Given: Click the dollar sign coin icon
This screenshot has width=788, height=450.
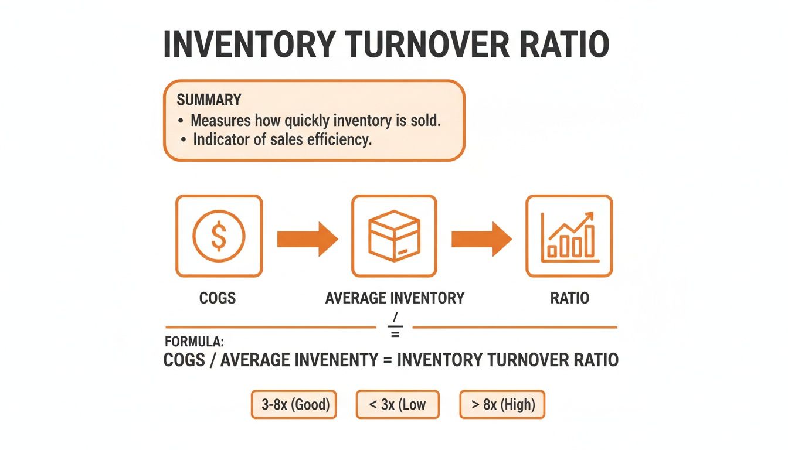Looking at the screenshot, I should tap(219, 236).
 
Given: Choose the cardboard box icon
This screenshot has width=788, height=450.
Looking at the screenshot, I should tap(394, 236).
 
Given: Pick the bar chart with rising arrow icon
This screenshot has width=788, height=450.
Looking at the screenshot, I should tap(569, 236).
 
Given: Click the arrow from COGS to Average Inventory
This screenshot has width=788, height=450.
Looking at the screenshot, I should tap(307, 238).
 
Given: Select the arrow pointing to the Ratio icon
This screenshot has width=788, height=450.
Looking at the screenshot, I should tap(481, 238).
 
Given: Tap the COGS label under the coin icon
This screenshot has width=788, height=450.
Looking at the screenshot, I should tap(218, 298).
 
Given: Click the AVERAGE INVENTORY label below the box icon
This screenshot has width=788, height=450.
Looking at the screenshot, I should tap(395, 298).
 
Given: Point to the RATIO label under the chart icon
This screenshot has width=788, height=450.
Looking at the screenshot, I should tap(569, 298).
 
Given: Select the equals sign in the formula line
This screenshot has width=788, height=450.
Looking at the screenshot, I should tap(387, 359).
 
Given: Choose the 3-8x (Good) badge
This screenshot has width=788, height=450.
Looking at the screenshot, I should tap(294, 405).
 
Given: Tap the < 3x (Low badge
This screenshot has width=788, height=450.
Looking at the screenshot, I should tap(398, 405).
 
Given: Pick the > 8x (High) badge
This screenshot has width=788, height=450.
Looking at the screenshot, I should tap(502, 405).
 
